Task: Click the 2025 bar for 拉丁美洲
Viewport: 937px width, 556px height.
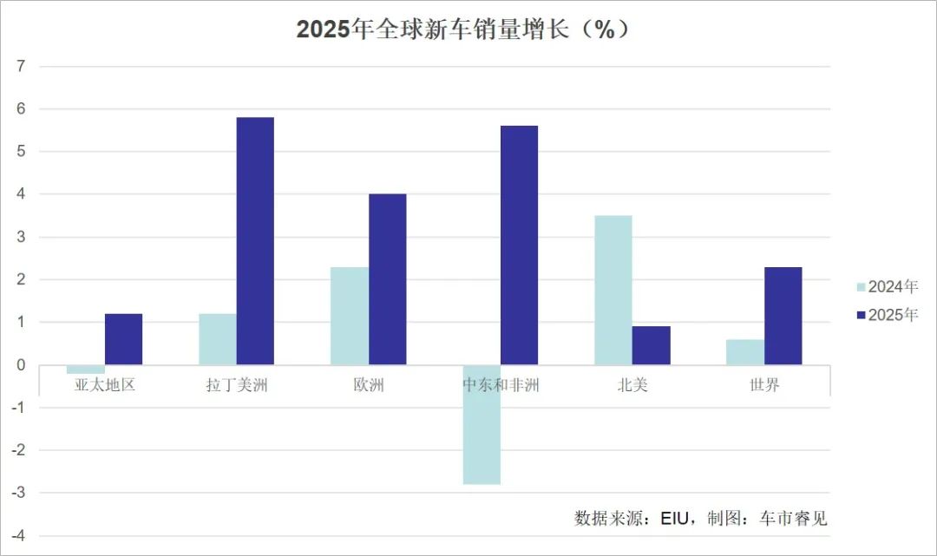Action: [x=255, y=241]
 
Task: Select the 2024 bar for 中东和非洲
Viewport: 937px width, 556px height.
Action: [x=482, y=424]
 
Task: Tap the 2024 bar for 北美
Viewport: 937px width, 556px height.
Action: [x=613, y=290]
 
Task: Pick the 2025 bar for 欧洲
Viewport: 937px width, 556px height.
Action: [x=388, y=279]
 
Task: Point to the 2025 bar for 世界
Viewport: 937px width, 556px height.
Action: [x=783, y=316]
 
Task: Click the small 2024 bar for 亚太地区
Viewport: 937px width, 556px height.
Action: [x=86, y=370]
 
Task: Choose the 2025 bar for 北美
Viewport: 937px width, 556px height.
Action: [x=652, y=345]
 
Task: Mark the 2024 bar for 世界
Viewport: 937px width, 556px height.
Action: [x=745, y=352]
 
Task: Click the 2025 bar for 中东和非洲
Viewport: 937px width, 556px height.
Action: [x=520, y=245]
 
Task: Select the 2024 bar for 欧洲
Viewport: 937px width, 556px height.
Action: [x=350, y=316]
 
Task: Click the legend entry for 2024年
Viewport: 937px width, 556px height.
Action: [x=886, y=287]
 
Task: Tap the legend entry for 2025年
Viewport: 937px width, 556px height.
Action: [x=886, y=315]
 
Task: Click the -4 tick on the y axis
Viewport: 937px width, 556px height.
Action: [x=20, y=536]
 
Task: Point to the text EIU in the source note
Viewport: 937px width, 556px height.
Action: [x=674, y=519]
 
